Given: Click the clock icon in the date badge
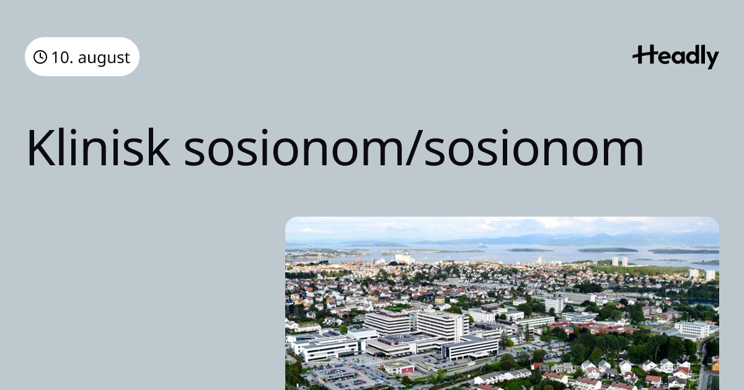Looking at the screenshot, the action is click(x=40, y=57).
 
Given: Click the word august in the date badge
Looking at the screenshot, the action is click(x=104, y=58).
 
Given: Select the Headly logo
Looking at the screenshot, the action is click(x=676, y=57).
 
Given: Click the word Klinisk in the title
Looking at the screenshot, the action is click(x=99, y=147).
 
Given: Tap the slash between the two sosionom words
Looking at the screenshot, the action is click(x=414, y=147).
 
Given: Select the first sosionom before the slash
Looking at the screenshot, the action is click(x=294, y=149).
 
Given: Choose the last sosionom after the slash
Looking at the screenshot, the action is click(x=534, y=149).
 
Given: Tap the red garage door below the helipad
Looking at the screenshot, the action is click(x=407, y=370).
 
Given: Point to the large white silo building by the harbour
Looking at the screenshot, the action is click(x=404, y=258).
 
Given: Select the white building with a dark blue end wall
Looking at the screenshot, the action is click(x=470, y=347).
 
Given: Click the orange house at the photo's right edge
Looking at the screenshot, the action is click(x=715, y=365).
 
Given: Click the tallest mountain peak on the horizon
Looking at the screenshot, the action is click(x=602, y=235).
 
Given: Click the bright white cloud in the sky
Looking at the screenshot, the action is click(x=565, y=222).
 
